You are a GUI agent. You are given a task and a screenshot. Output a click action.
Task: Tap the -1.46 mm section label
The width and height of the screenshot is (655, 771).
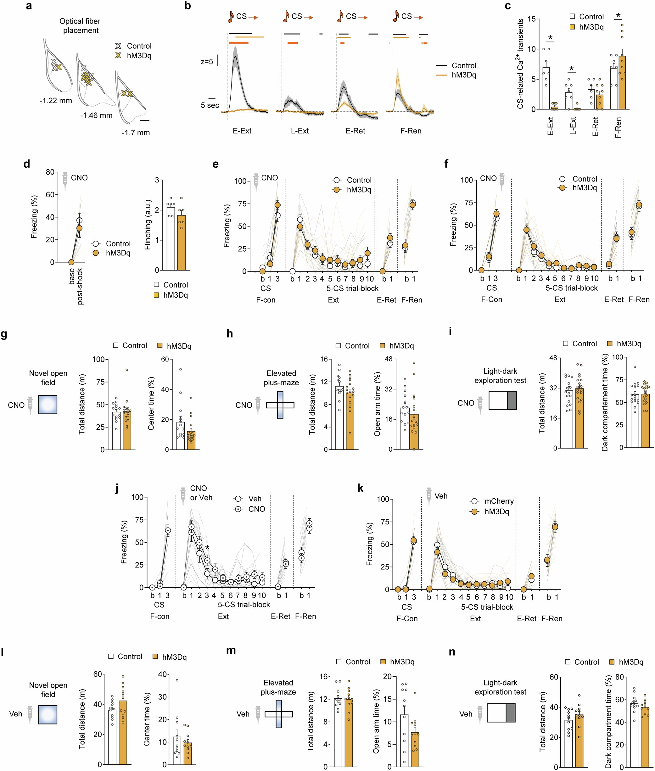click(96, 115)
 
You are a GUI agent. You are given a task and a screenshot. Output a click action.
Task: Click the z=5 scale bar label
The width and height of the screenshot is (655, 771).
click(207, 62)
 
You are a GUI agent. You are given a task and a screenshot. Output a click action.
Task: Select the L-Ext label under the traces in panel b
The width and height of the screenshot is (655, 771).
click(300, 131)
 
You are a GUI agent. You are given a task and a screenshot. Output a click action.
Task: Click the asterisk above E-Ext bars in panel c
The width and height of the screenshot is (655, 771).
click(550, 38)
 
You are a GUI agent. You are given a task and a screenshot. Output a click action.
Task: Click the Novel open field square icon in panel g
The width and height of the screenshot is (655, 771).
click(48, 405)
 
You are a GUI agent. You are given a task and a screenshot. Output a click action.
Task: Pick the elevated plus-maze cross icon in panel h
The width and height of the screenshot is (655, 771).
click(280, 405)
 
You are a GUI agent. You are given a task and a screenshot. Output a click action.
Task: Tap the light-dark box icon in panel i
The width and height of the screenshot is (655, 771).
click(502, 400)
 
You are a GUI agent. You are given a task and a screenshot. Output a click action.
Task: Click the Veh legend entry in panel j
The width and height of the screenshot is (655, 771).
click(254, 499)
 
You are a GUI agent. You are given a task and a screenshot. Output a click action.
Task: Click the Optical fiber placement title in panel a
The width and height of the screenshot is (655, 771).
click(80, 25)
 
